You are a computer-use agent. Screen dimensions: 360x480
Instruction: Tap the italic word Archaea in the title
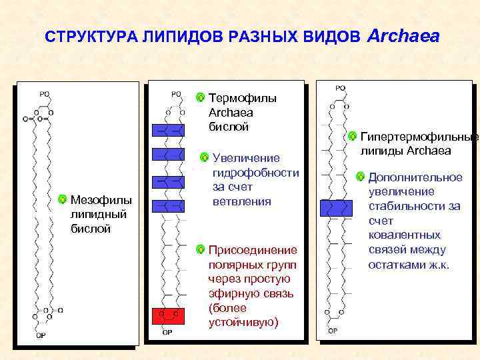403,36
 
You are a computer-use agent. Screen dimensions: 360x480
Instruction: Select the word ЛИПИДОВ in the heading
174,37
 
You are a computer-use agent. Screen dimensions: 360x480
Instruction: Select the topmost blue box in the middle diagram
168,129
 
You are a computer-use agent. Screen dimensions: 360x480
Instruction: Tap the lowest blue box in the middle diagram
168,205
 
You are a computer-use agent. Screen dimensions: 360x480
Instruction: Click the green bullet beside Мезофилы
62,199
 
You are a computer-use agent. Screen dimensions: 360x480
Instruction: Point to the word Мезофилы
101,199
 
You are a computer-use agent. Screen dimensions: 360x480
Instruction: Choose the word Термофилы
242,98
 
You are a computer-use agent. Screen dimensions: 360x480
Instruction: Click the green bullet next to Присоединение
201,250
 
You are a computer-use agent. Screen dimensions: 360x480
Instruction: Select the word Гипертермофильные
419,137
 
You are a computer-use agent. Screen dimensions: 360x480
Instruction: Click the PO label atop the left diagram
44,94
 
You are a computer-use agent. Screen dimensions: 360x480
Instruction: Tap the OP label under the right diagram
332,330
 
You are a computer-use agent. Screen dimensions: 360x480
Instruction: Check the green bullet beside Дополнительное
360,177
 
